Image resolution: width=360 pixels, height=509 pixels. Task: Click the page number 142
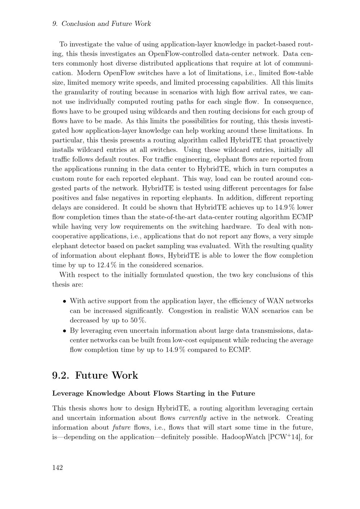click(58, 468)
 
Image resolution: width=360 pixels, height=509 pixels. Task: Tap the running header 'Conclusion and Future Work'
click(106, 24)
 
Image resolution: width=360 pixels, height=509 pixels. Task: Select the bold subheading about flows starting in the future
click(154, 393)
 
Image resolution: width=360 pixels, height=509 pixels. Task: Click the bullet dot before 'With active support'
click(64, 301)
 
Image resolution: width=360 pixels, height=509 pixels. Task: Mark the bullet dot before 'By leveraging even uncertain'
click(64, 331)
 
